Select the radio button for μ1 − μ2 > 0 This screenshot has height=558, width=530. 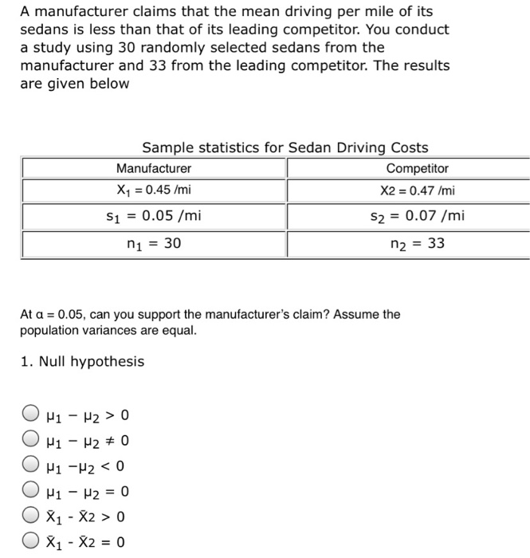pyautogui.click(x=29, y=415)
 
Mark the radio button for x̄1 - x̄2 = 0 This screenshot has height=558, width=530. pyautogui.click(x=29, y=543)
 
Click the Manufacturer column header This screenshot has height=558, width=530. pyautogui.click(x=154, y=169)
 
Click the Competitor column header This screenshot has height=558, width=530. pyautogui.click(x=417, y=169)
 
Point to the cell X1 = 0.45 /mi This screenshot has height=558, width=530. pyautogui.click(x=154, y=191)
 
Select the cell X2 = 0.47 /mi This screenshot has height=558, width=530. pyautogui.click(x=417, y=191)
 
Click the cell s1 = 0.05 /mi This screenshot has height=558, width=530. pyautogui.click(x=154, y=216)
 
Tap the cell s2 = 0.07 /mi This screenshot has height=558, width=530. pyautogui.click(x=417, y=216)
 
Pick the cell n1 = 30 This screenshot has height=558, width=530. pyautogui.click(x=154, y=243)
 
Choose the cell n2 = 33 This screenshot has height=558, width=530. pyautogui.click(x=417, y=243)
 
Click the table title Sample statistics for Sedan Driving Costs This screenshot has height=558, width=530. pyautogui.click(x=285, y=147)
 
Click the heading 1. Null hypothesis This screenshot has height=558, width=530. pyautogui.click(x=82, y=362)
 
